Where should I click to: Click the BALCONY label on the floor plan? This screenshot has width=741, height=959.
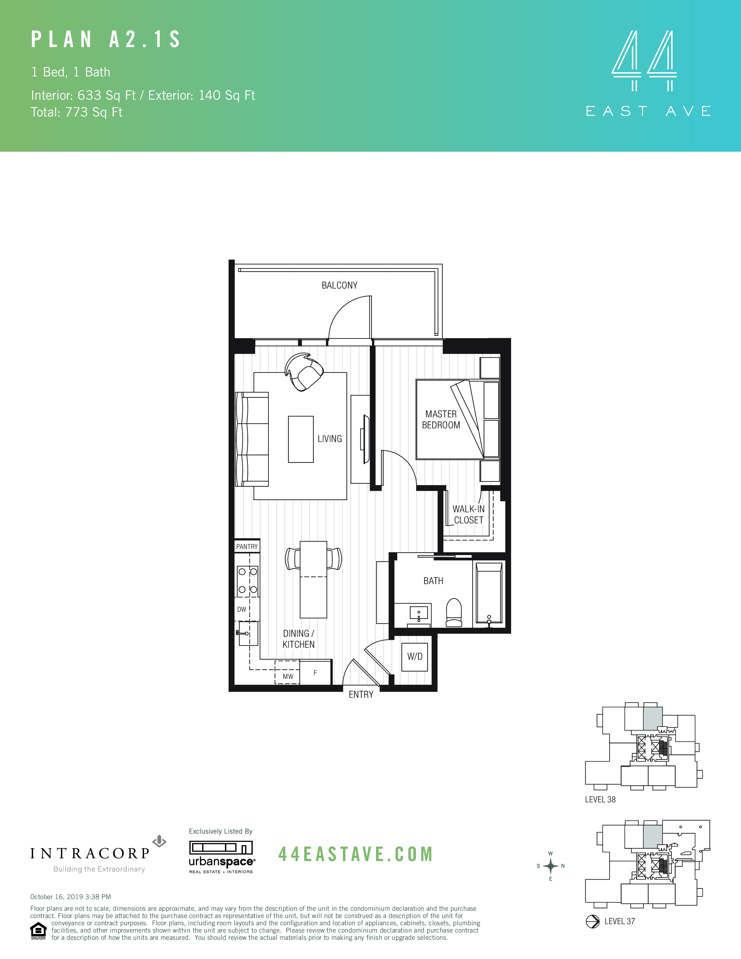pyautogui.click(x=339, y=285)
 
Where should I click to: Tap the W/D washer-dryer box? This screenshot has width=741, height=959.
pyautogui.click(x=414, y=656)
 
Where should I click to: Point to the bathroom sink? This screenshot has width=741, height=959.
pyautogui.click(x=418, y=613)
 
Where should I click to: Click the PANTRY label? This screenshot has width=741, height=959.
pyautogui.click(x=247, y=547)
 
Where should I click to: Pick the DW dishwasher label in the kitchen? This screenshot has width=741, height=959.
pyautogui.click(x=241, y=609)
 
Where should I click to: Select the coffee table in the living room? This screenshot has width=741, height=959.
pyautogui.click(x=301, y=439)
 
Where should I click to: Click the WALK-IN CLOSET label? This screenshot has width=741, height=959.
pyautogui.click(x=468, y=515)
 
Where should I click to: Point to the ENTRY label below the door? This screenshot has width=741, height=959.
pyautogui.click(x=361, y=695)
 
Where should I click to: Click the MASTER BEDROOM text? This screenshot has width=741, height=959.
pyautogui.click(x=441, y=420)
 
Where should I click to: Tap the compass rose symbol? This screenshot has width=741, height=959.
pyautogui.click(x=550, y=866)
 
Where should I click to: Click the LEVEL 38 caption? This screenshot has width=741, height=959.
pyautogui.click(x=600, y=800)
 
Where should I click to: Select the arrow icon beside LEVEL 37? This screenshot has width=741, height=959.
pyautogui.click(x=593, y=921)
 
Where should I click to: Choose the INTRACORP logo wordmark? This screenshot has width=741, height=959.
pyautogui.click(x=90, y=854)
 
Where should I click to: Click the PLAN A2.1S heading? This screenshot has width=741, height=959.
pyautogui.click(x=106, y=40)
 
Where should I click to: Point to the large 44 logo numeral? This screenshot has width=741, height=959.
pyautogui.click(x=644, y=55)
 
